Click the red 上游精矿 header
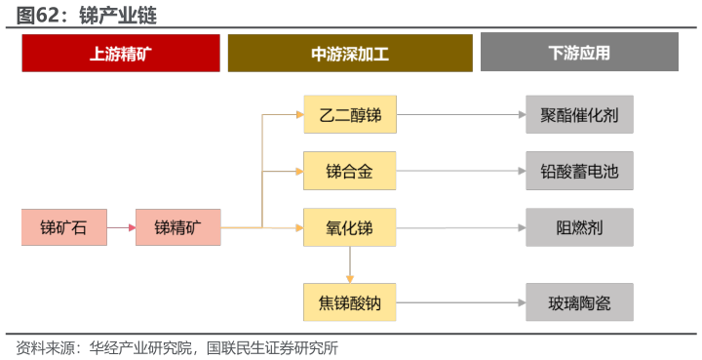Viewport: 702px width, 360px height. click(120, 53)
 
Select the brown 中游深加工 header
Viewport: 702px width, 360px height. click(349, 53)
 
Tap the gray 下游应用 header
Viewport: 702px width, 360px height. click(579, 53)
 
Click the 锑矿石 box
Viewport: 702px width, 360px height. click(63, 227)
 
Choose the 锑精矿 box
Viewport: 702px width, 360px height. click(177, 227)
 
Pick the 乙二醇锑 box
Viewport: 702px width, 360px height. click(349, 115)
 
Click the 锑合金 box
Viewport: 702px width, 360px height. click(349, 172)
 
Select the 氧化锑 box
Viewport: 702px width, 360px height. click(349, 227)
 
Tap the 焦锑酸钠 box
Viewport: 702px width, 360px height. click(349, 302)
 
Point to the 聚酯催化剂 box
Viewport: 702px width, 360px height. click(579, 115)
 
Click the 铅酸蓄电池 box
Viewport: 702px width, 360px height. click(579, 172)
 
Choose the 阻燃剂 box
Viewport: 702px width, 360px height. click(579, 227)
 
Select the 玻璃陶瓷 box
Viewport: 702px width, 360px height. click(579, 302)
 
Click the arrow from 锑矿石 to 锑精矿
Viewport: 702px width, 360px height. click(121, 227)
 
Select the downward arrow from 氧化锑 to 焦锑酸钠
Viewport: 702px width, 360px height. click(349, 264)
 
